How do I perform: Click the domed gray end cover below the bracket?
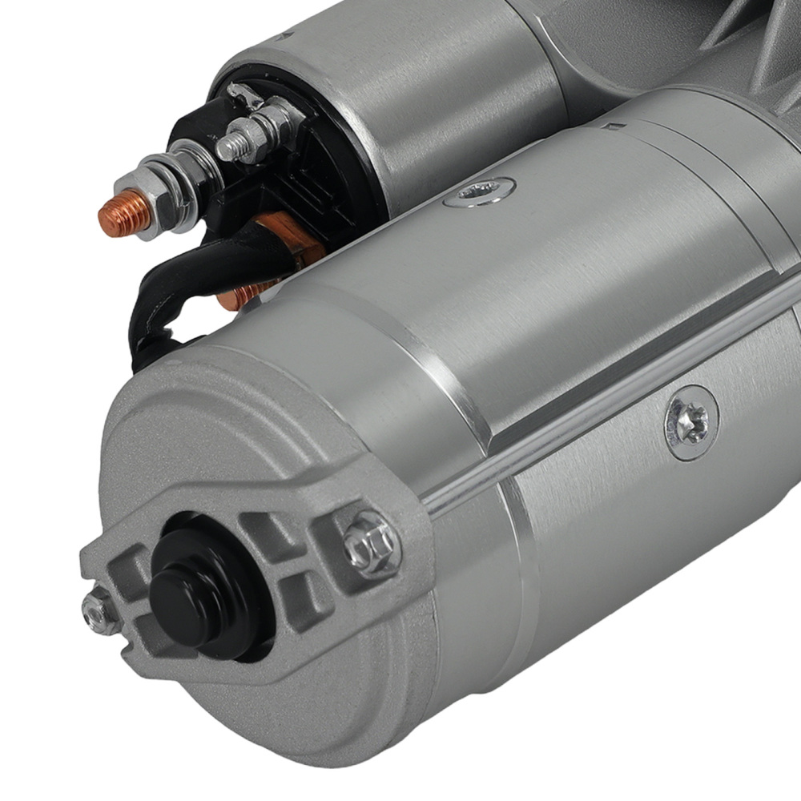(264, 705)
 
